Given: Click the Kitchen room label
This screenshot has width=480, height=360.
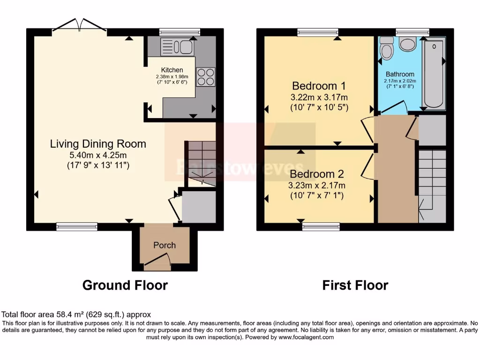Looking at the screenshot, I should point(172,70).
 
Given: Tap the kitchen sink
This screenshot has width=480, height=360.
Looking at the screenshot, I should point(176,47).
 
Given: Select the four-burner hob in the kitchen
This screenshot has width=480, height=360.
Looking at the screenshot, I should point(206,77).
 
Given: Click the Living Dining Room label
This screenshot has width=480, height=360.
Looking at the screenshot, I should point(98,144).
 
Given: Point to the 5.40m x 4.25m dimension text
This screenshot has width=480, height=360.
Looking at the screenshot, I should point(97,155).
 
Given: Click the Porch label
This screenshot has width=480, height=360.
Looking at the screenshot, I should point(165,245).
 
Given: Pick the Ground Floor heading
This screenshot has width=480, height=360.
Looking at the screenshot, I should point(125,285).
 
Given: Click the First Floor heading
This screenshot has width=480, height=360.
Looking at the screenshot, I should point(355,285).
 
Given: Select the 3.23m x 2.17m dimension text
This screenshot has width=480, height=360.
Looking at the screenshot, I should point(316,185).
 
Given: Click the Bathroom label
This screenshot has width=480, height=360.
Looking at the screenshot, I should point(400,74).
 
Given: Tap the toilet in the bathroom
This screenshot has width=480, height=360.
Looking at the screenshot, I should point(386,49).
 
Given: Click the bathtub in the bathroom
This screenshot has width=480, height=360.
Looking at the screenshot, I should point(435,73).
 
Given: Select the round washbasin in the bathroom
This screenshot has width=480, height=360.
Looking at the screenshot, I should point(408,45).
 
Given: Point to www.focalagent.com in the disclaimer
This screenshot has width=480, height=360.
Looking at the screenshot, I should point(306,337).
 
